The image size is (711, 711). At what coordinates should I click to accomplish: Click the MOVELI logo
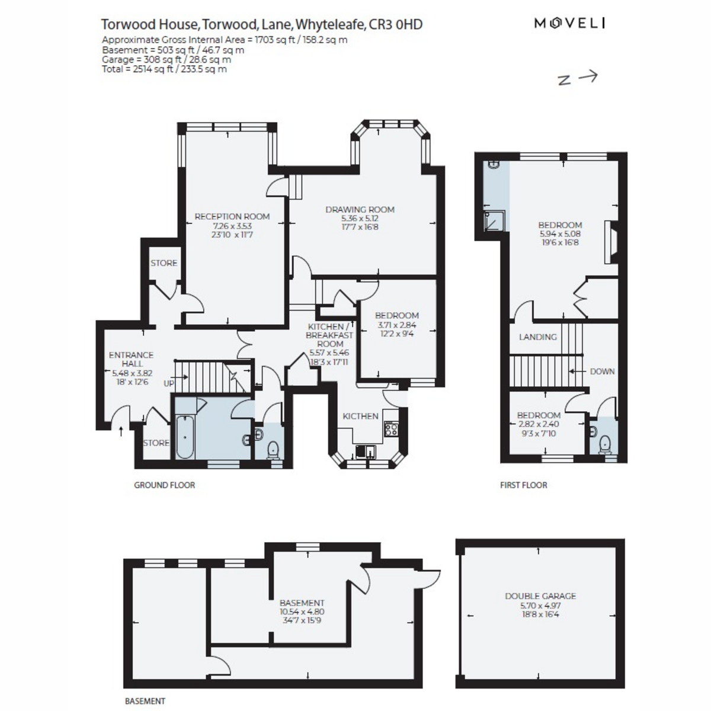tap(569, 23)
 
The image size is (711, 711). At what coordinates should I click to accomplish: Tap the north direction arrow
tap(588, 76)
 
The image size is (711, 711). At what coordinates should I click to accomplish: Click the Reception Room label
tap(232, 217)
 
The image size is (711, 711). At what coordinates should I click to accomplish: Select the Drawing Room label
tap(360, 210)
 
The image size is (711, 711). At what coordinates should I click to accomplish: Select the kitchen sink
tap(366, 450)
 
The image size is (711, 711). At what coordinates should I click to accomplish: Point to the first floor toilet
tap(605, 444)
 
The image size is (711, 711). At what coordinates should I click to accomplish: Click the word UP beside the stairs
tap(169, 384)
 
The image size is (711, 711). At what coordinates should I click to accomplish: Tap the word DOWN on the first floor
tap(602, 371)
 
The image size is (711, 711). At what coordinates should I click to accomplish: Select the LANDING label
tap(537, 337)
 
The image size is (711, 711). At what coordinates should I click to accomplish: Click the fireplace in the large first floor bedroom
tap(611, 242)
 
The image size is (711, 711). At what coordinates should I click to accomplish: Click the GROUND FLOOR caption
tap(164, 485)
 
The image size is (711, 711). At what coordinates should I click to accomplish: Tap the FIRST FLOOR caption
tap(524, 485)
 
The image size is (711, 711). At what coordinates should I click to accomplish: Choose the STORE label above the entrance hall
tap(164, 263)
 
